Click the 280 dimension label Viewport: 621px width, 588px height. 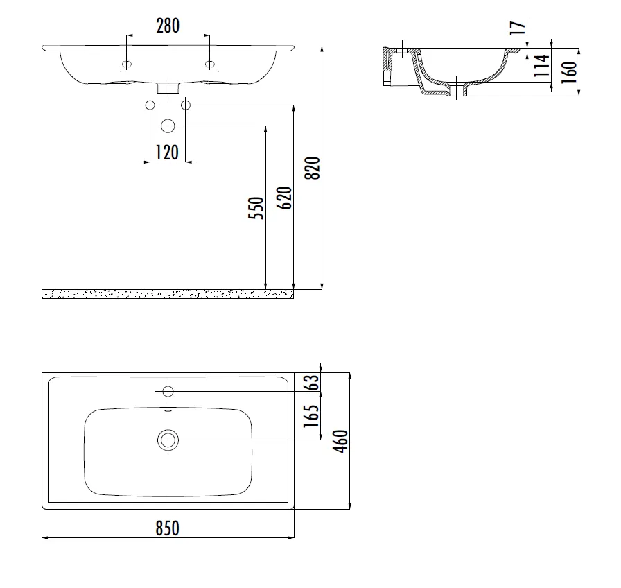pyautogui.click(x=168, y=26)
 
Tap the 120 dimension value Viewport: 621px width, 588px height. pyautogui.click(x=167, y=153)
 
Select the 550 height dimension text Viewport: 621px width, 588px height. pyautogui.click(x=256, y=208)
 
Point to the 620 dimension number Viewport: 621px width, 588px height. pyautogui.click(x=284, y=198)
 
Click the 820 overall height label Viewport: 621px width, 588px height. pyautogui.click(x=312, y=168)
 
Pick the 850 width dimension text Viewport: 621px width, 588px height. pyautogui.click(x=167, y=528)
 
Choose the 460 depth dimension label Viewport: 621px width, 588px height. pyautogui.click(x=340, y=441)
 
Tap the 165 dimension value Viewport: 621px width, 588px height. pyautogui.click(x=311, y=415)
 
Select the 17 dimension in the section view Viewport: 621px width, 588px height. pyautogui.click(x=517, y=28)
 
